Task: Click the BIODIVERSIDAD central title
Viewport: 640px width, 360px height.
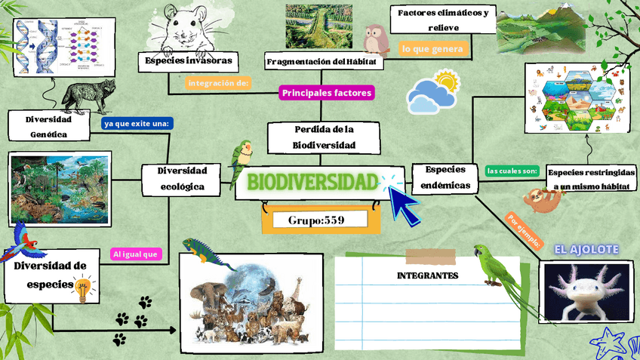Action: click(x=312, y=182)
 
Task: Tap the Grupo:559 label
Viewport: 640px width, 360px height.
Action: click(x=316, y=220)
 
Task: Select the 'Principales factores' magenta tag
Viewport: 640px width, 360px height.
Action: click(x=327, y=93)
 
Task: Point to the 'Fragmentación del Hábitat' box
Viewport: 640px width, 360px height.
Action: click(x=321, y=61)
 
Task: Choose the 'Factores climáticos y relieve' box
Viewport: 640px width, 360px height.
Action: click(x=443, y=20)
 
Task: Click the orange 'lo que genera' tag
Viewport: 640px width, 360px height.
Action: click(x=432, y=49)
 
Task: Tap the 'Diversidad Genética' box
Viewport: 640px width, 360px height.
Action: click(x=48, y=127)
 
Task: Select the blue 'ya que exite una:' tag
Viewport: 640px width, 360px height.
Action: click(x=137, y=123)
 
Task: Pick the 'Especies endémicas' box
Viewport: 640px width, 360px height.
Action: click(x=445, y=177)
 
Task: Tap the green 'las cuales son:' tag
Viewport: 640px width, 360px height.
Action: click(x=512, y=171)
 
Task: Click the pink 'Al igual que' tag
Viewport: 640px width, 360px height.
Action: click(x=136, y=254)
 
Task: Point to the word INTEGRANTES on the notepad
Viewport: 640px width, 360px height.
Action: click(x=427, y=275)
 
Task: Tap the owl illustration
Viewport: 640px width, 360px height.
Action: click(x=375, y=39)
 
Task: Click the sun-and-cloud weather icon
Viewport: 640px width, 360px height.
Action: click(x=433, y=91)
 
